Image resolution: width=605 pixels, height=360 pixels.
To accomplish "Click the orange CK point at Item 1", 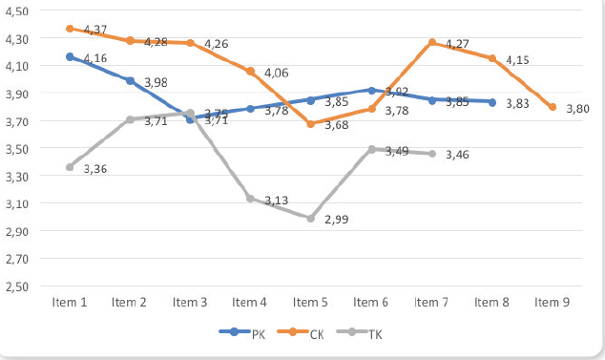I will (70, 29).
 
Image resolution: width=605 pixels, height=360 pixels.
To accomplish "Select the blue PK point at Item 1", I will (70, 57).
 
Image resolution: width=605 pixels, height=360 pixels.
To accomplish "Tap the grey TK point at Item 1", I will (70, 167).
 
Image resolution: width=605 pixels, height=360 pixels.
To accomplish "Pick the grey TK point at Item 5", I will (311, 218).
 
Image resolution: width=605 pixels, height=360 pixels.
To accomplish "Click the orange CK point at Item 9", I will (553, 107).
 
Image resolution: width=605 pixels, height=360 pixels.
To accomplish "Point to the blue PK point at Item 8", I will (492, 102).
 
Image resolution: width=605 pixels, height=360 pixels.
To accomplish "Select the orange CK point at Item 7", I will (432, 42).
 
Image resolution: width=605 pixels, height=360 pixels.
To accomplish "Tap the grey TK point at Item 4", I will (251, 199).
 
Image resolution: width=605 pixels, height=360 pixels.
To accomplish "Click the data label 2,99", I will (337, 220).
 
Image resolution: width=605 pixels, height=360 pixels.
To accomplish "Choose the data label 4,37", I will (94, 31).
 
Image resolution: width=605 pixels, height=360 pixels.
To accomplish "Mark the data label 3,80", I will (577, 109).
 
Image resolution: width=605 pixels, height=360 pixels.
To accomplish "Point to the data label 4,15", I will (517, 60).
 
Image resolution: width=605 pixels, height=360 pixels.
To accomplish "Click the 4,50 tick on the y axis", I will (19, 11).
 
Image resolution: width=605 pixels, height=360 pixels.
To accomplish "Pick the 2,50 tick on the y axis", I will (19, 286).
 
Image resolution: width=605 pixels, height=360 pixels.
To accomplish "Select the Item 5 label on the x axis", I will (311, 303).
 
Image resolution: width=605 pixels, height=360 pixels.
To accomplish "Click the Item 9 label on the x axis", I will (553, 303).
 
